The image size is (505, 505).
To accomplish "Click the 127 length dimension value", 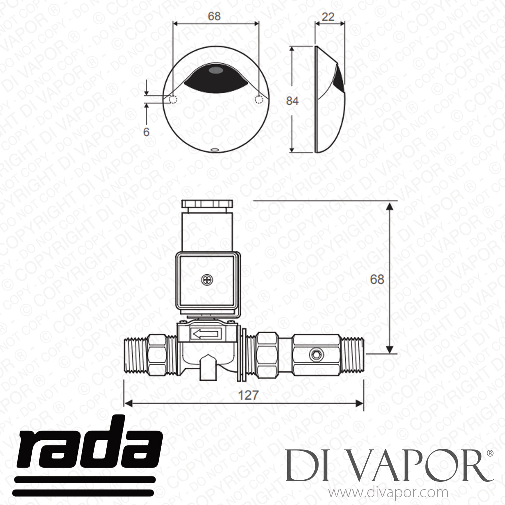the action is point(248,395).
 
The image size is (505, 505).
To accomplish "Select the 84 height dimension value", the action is point(292,101).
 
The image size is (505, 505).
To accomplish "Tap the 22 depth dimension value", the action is point(328,16).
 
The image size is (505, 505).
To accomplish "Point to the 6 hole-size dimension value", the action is point(146,132).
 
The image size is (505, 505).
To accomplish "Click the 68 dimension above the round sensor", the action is point(214,16).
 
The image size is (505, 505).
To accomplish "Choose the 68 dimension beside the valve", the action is point(377,279).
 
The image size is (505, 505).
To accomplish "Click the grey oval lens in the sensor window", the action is point(215,71).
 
